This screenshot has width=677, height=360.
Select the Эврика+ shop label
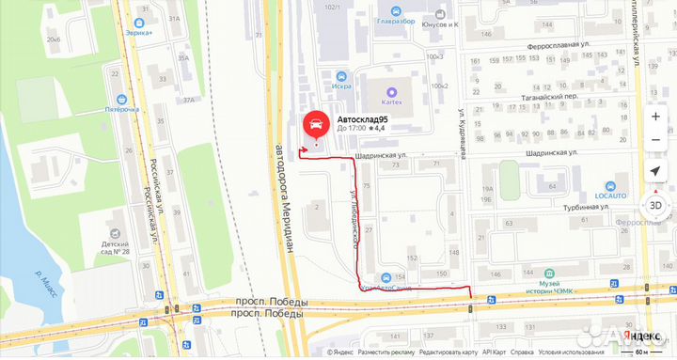click(x=144, y=32)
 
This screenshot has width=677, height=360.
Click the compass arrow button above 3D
click(x=654, y=171)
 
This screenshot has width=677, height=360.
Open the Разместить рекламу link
click(x=386, y=353)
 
